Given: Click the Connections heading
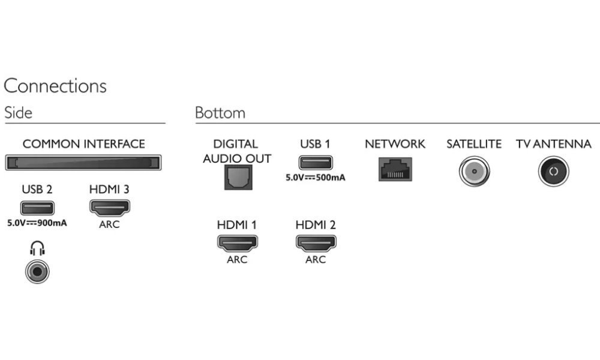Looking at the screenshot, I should [x=55, y=86].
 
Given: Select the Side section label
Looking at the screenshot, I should [x=18, y=113].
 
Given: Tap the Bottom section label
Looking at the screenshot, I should [x=220, y=113].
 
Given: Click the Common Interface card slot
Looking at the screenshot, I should [x=83, y=162].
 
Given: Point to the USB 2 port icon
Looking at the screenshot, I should [x=37, y=208].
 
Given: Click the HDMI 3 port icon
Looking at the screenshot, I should [x=109, y=208].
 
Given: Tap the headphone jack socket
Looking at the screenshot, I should [x=37, y=272].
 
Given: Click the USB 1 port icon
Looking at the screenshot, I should [x=315, y=163].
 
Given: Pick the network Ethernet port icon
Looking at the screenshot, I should [x=394, y=169].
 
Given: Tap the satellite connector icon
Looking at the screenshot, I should [x=473, y=171].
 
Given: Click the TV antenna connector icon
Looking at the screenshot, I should [x=553, y=171].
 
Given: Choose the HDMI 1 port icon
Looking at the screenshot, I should [x=236, y=243].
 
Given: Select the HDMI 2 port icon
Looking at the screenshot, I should [x=316, y=243].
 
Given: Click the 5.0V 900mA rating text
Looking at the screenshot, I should [x=37, y=223].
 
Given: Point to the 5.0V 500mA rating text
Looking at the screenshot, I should [x=316, y=177].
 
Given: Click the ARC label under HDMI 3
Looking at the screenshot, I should [x=109, y=224].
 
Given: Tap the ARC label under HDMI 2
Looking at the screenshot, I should [x=316, y=260].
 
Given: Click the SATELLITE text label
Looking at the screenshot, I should [x=474, y=144].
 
